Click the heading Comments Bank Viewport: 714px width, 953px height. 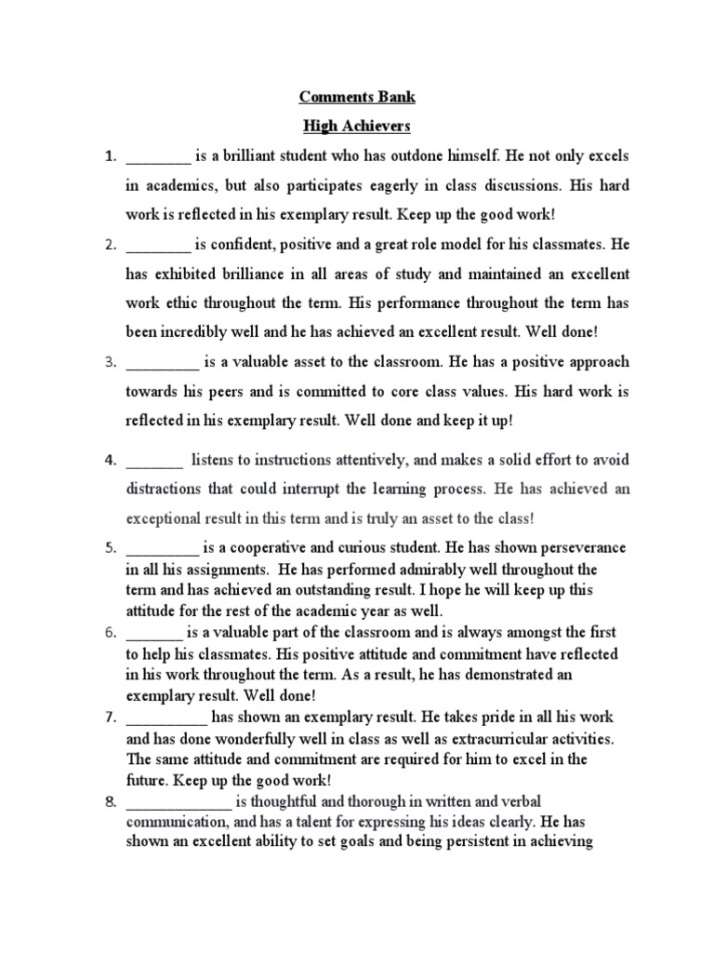tap(357, 96)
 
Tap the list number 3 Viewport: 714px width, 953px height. tap(109, 361)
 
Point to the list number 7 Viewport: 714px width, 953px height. tap(109, 718)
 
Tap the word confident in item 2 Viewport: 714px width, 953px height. tap(238, 246)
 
